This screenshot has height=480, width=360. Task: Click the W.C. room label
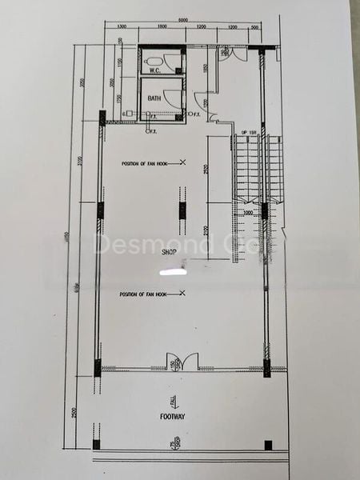point(156,70)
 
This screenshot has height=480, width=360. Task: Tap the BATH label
point(155,98)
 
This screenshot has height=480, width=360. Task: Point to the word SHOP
point(168,252)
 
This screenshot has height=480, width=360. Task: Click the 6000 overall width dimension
point(183,21)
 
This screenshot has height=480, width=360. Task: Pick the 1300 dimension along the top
point(122,29)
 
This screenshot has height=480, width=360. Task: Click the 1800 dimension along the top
point(161,29)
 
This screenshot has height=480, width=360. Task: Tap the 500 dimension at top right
point(255,29)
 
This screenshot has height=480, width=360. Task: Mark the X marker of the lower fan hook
point(182,294)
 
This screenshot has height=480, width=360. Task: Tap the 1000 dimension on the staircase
point(249,213)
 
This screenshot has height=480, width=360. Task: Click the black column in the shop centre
point(182,210)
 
